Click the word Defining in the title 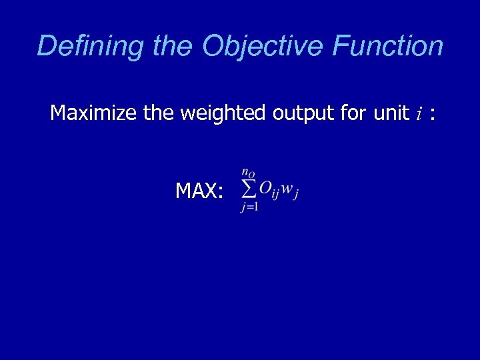point(91,47)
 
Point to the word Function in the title point(387,47)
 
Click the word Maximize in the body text point(94,113)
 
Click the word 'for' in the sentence point(353,113)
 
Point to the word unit point(390,113)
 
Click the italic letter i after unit point(419,114)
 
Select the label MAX point(195,191)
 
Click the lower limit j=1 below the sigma point(249,207)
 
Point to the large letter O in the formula point(265,189)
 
